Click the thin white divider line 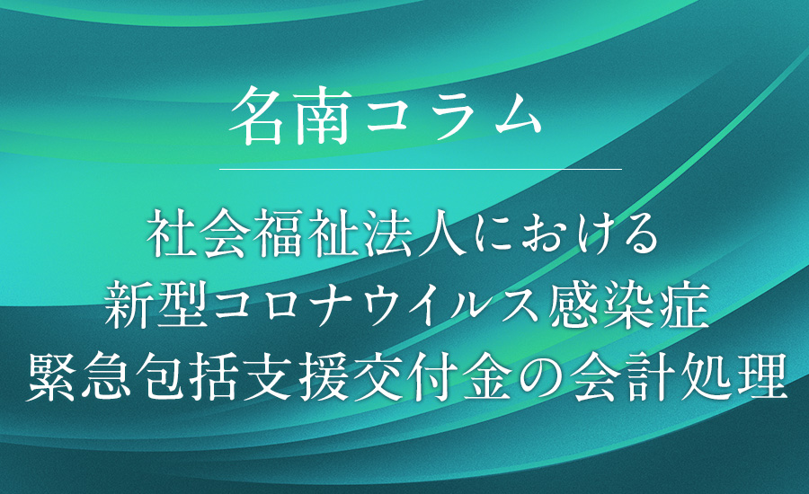pyautogui.click(x=421, y=169)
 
